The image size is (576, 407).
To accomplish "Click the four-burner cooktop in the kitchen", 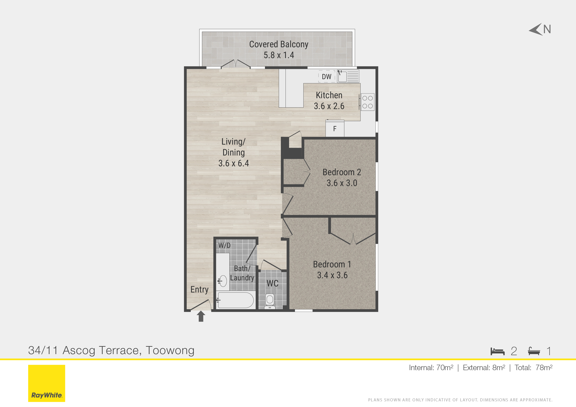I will click(367, 102).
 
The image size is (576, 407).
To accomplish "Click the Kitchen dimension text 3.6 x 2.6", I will click(329, 106).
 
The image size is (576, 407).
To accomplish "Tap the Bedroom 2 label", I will click(342, 172).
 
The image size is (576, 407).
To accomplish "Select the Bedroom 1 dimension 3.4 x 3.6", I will click(332, 275).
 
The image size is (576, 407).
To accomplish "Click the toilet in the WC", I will click(270, 300).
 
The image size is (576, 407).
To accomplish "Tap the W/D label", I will click(224, 245).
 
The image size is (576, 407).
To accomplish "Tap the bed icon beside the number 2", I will click(497, 351).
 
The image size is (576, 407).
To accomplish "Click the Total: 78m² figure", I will click(533, 368).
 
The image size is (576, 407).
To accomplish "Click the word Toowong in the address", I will click(170, 350).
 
